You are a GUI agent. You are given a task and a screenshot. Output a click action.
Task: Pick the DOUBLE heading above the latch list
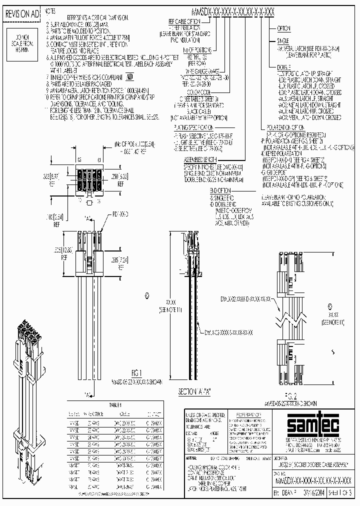(284, 66)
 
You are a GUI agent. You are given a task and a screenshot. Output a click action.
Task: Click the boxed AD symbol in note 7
(129, 76)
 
